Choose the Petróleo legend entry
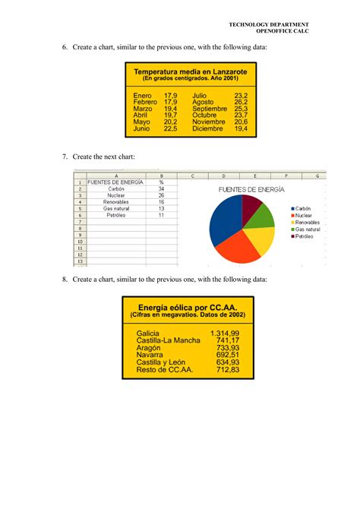303,237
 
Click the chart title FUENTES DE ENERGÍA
251,188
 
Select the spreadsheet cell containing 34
161,188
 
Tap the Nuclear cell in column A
115,195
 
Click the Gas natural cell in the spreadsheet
115,208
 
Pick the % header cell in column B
161,182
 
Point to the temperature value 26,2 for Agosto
242,101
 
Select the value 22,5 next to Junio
170,129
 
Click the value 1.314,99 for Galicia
225,334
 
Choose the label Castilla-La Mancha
168,341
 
